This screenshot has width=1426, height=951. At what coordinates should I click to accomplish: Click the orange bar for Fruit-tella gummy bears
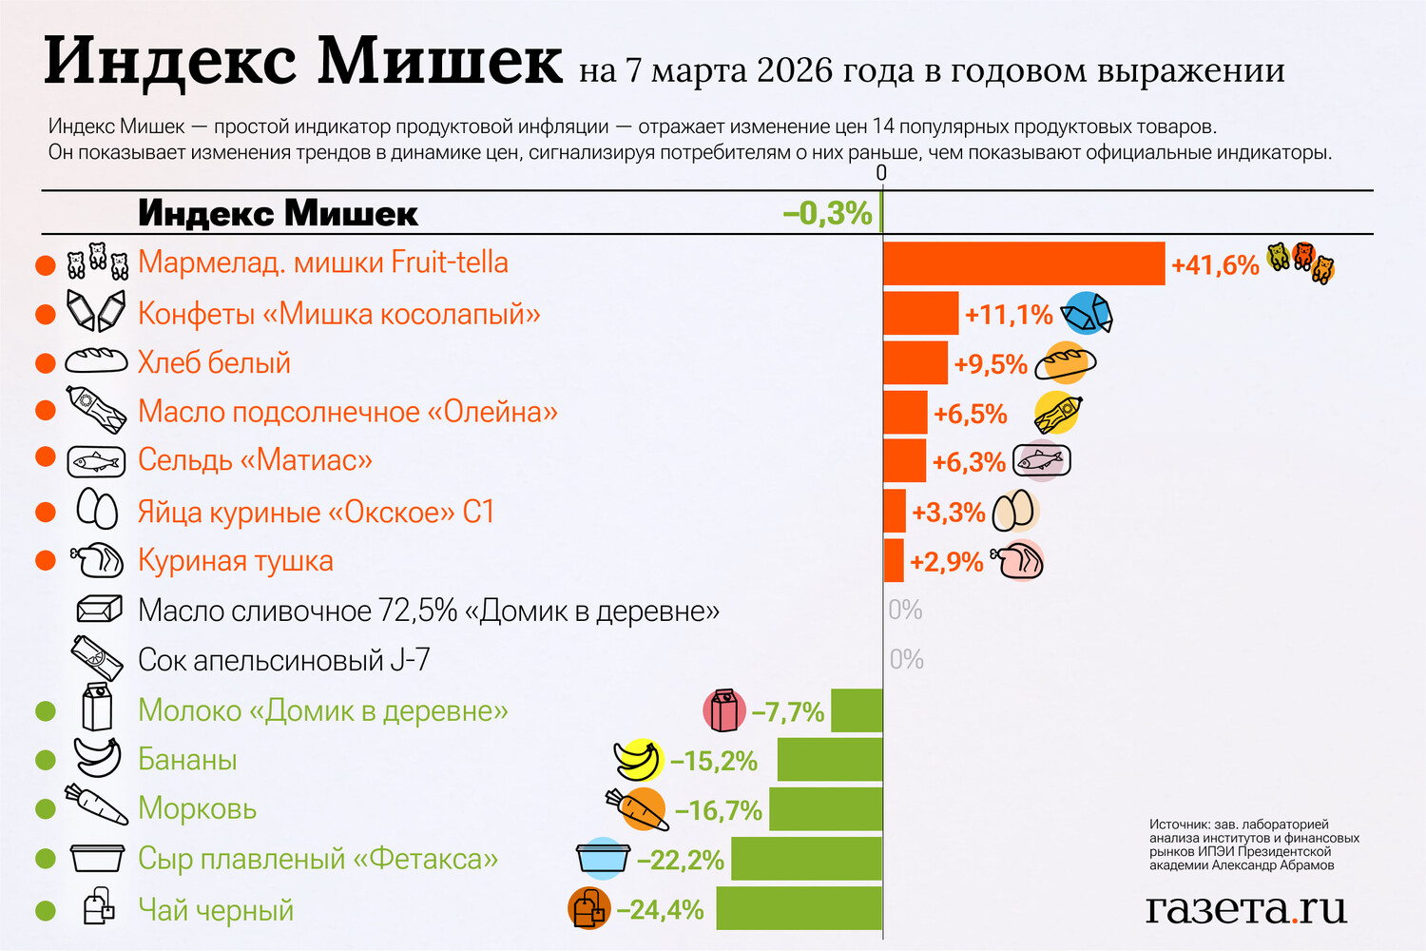pyautogui.click(x=1024, y=263)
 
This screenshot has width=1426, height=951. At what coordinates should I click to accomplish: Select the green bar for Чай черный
pyautogui.click(x=800, y=908)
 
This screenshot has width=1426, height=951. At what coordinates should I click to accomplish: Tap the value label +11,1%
pyautogui.click(x=1009, y=315)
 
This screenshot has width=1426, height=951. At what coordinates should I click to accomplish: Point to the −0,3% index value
pyautogui.click(x=827, y=213)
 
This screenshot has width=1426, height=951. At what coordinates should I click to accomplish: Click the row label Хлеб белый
pyautogui.click(x=214, y=362)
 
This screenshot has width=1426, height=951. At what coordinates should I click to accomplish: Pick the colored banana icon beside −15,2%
pyautogui.click(x=638, y=760)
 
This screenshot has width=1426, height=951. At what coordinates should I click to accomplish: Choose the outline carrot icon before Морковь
pyautogui.click(x=96, y=805)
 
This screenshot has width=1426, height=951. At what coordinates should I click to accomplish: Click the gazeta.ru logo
pyautogui.click(x=1246, y=908)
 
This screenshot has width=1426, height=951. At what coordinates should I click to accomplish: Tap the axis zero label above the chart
pyautogui.click(x=881, y=173)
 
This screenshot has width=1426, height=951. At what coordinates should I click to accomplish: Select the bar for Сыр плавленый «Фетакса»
pyautogui.click(x=806, y=859)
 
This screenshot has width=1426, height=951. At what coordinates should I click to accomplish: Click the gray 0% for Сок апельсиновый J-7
pyautogui.click(x=907, y=659)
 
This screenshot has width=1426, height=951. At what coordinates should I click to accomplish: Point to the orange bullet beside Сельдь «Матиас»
pyautogui.click(x=46, y=458)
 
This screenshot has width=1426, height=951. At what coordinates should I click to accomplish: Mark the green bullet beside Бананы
pyautogui.click(x=46, y=760)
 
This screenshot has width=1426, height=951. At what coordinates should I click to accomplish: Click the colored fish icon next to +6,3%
pyautogui.click(x=1042, y=461)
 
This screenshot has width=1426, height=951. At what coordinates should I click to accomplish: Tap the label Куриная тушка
pyautogui.click(x=236, y=561)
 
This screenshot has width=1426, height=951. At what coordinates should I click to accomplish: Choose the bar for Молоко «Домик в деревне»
pyautogui.click(x=857, y=710)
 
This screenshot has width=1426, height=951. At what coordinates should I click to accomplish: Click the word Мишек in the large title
pyautogui.click(x=439, y=61)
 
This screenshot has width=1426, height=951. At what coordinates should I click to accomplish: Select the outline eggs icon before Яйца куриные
pyautogui.click(x=97, y=510)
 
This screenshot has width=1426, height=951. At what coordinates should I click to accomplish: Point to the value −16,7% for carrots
pyautogui.click(x=719, y=810)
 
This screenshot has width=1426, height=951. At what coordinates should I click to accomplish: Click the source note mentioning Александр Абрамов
pyautogui.click(x=1254, y=844)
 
